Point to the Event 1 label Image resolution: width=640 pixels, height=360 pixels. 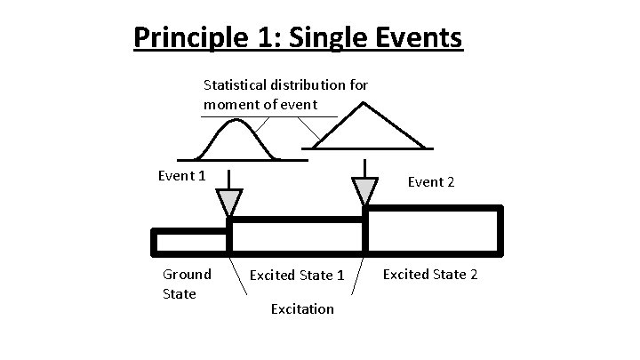click(181, 175)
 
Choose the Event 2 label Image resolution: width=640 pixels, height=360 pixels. click(431, 182)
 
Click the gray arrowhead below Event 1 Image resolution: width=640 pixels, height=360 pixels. click(229, 202)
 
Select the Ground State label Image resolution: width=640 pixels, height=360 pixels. click(187, 284)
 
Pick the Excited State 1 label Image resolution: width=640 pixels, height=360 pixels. click(297, 276)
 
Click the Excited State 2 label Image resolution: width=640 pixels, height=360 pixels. click(430, 275)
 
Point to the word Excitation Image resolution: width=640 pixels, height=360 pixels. click(302, 308)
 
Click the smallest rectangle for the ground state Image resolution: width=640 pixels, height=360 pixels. click(191, 241)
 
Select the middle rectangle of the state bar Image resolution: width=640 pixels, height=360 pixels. click(297, 235)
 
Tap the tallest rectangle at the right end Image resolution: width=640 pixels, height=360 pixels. click(433, 229)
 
